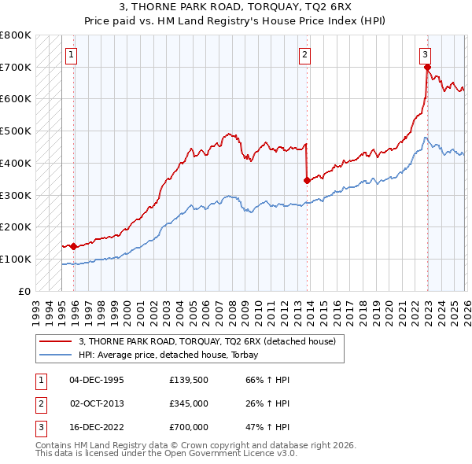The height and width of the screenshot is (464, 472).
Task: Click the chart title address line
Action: (236, 9)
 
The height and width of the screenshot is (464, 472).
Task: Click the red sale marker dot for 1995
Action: (73, 246)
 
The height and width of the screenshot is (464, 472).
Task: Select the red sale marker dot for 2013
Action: (306, 180)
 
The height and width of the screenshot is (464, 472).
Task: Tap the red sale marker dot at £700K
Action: (427, 67)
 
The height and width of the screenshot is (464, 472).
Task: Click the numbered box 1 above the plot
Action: (72, 55)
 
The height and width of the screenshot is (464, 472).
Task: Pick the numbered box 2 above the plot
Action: (304, 55)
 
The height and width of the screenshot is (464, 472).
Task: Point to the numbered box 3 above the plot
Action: (425, 55)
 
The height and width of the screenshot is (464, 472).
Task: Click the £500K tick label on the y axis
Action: (16, 131)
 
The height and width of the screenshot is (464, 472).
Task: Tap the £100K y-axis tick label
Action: (16, 259)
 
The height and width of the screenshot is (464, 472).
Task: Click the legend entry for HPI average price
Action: (174, 355)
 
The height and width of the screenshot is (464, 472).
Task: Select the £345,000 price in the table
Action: (189, 403)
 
